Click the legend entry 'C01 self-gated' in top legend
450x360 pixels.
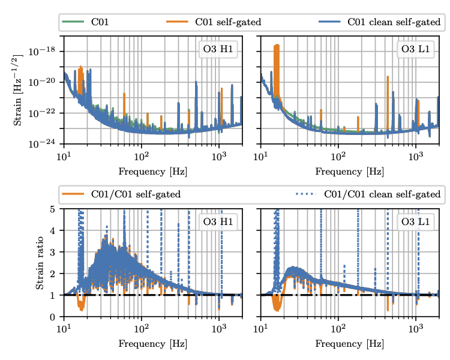(227, 23)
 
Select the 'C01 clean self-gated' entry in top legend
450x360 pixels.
(394, 23)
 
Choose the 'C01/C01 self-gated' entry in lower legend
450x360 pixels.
(134, 194)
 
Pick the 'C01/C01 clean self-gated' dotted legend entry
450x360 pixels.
(382, 194)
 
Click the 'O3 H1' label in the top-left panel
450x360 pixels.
(218, 49)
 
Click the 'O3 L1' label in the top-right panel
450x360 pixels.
(415, 49)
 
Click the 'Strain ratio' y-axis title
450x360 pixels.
(40, 262)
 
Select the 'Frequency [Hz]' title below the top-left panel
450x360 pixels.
(152, 172)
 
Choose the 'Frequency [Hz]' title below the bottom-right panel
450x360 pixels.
(349, 344)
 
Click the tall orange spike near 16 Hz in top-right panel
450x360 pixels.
(277, 60)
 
